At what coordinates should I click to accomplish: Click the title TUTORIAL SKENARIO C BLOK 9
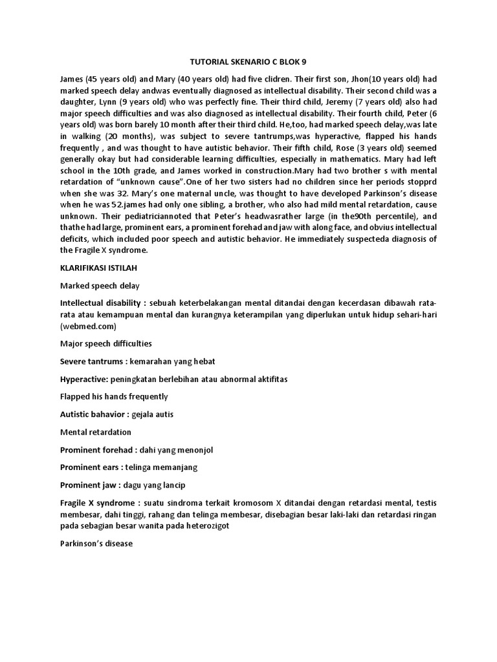pyautogui.click(x=248, y=62)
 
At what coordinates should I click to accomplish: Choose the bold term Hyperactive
pyautogui.click(x=83, y=379)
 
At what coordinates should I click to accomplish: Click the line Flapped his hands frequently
pyautogui.click(x=113, y=396)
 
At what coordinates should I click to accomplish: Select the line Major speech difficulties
pyautogui.click(x=105, y=344)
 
